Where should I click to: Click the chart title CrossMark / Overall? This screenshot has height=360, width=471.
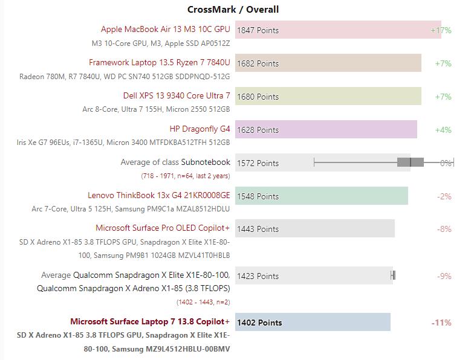(233, 10)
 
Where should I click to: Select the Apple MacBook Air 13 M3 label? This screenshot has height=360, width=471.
(165, 29)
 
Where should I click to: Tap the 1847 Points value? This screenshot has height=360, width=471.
(258, 30)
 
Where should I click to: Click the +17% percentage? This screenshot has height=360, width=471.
(441, 30)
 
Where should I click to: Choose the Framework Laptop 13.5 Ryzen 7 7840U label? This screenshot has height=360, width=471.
(159, 62)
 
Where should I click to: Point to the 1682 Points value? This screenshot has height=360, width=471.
(258, 63)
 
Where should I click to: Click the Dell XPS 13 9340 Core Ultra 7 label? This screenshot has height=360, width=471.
(177, 95)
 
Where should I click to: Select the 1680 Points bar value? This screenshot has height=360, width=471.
(258, 97)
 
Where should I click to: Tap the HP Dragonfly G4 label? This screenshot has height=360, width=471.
(200, 129)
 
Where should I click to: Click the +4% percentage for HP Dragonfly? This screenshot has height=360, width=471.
(443, 130)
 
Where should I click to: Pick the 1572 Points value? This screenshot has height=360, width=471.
(258, 163)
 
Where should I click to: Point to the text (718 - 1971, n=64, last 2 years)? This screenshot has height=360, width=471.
(185, 176)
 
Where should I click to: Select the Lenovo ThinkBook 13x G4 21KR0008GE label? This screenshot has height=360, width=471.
(158, 195)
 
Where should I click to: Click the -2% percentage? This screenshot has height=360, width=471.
(444, 196)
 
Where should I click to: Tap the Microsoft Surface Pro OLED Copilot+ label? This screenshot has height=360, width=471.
(163, 228)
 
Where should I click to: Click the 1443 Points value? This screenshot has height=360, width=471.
(258, 229)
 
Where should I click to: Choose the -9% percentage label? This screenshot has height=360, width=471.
(444, 276)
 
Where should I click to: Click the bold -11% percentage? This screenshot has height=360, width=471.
(441, 323)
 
